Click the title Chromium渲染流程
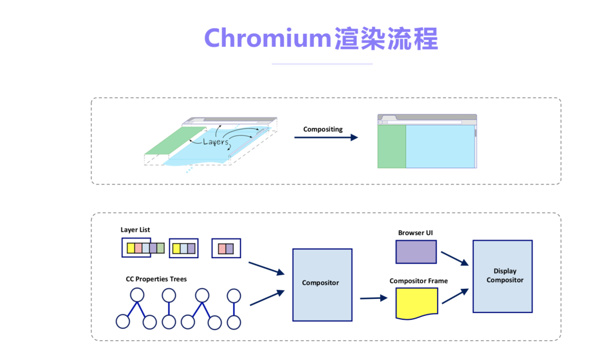click(321, 38)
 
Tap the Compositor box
click(322, 284)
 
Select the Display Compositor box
click(502, 276)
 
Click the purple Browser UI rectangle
click(416, 251)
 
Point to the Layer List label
click(136, 229)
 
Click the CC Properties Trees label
click(156, 279)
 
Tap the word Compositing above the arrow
click(323, 129)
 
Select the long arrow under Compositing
click(326, 137)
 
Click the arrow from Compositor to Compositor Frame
click(370, 298)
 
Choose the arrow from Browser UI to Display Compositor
click(455, 258)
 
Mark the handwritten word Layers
click(216, 142)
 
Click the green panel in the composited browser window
click(391, 146)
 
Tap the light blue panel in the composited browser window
click(440, 146)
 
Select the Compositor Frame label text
click(419, 281)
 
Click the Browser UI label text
click(416, 232)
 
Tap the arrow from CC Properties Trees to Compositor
click(267, 298)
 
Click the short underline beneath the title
click(322, 64)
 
